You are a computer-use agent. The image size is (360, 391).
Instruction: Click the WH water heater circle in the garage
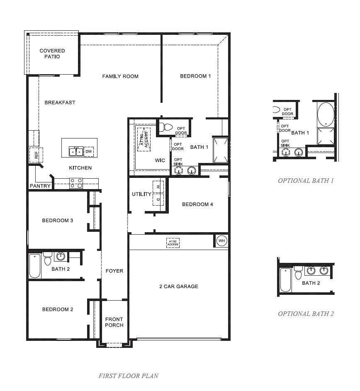(x=221, y=241)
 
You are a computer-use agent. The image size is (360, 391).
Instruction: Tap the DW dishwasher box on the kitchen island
(x=88, y=152)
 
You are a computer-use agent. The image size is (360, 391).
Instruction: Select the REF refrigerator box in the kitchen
(x=36, y=155)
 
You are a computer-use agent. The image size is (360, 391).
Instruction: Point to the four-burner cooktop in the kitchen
(x=76, y=183)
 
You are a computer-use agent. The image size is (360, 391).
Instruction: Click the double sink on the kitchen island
(x=75, y=152)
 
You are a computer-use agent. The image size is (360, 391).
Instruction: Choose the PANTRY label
(x=40, y=186)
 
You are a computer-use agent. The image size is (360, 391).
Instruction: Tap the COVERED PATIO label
(x=52, y=54)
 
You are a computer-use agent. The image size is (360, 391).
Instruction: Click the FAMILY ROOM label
(x=120, y=76)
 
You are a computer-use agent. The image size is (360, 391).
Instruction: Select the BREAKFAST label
(x=60, y=102)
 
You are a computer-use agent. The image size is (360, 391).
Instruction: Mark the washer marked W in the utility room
(x=158, y=187)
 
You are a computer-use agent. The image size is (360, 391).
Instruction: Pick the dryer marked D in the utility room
(x=158, y=199)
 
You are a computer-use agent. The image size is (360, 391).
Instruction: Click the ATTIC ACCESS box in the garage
(x=173, y=243)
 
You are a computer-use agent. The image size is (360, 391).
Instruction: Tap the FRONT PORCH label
(x=114, y=322)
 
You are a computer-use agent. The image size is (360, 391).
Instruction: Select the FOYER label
(x=114, y=271)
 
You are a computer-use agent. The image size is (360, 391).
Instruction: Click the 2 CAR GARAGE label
(x=179, y=287)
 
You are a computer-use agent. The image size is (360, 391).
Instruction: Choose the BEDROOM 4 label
(x=197, y=204)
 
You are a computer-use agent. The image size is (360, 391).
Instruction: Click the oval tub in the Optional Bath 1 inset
(x=326, y=114)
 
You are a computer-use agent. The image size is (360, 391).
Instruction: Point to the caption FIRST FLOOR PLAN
(x=128, y=376)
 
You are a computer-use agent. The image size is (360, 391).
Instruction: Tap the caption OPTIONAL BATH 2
(x=306, y=313)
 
